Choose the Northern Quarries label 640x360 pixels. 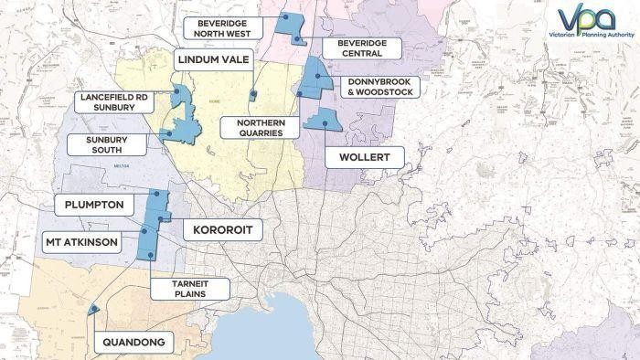[259, 127]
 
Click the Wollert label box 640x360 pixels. [365, 157]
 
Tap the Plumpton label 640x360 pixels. [89, 204]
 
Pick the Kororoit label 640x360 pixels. [223, 229]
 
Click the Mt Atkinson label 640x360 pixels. [81, 243]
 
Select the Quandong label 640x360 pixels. [133, 343]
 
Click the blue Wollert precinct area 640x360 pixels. [321, 120]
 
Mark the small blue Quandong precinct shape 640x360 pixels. [92, 311]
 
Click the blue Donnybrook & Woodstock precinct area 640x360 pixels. [314, 77]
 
